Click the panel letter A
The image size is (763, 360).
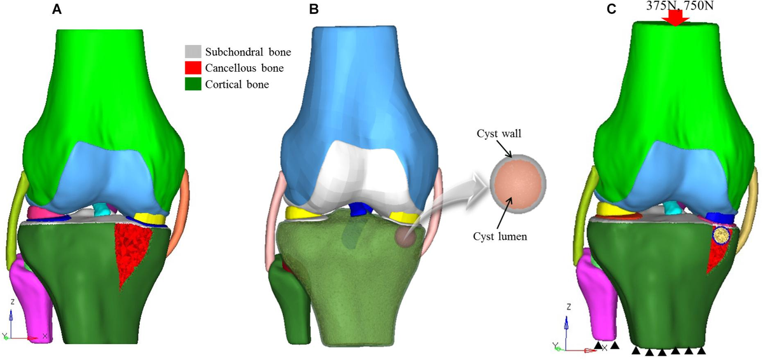point(57,10)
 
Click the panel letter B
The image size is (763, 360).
point(313,10)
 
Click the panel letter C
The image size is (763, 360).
point(612,10)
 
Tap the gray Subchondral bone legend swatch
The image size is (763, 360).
point(193,52)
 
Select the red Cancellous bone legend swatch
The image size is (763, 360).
point(193,68)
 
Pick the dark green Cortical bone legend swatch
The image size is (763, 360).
point(193,84)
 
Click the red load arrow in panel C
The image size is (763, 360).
point(675,18)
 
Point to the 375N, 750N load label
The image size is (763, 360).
point(680,6)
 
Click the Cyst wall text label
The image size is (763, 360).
point(498,134)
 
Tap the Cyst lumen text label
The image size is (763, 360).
point(500,237)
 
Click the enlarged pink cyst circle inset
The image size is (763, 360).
point(518,184)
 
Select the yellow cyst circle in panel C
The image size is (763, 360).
point(721,235)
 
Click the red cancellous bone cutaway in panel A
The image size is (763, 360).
point(132,252)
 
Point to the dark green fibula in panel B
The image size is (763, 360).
point(289,300)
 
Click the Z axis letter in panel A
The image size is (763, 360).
point(13,301)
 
